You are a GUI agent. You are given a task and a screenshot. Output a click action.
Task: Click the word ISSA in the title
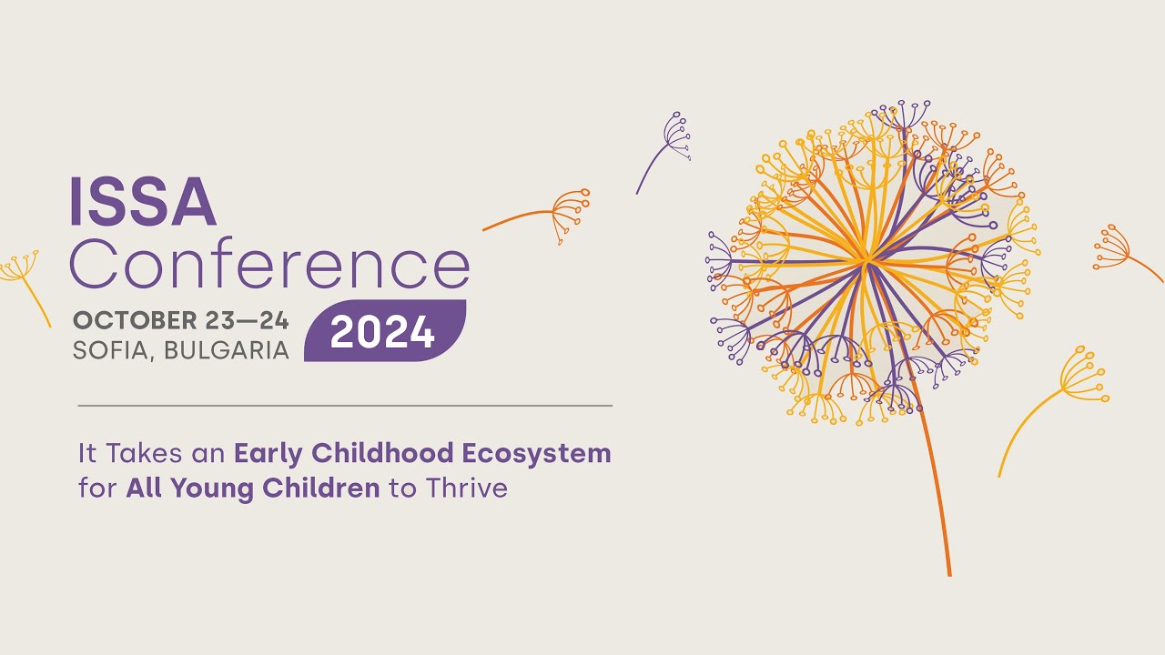click(143, 201)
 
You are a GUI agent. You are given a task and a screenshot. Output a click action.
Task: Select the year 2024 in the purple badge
click(382, 333)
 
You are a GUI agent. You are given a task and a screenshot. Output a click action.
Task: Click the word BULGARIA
click(228, 350)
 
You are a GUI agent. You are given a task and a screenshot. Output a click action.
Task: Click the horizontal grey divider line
click(345, 406)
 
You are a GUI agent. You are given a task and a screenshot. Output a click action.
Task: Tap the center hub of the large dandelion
click(866, 261)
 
